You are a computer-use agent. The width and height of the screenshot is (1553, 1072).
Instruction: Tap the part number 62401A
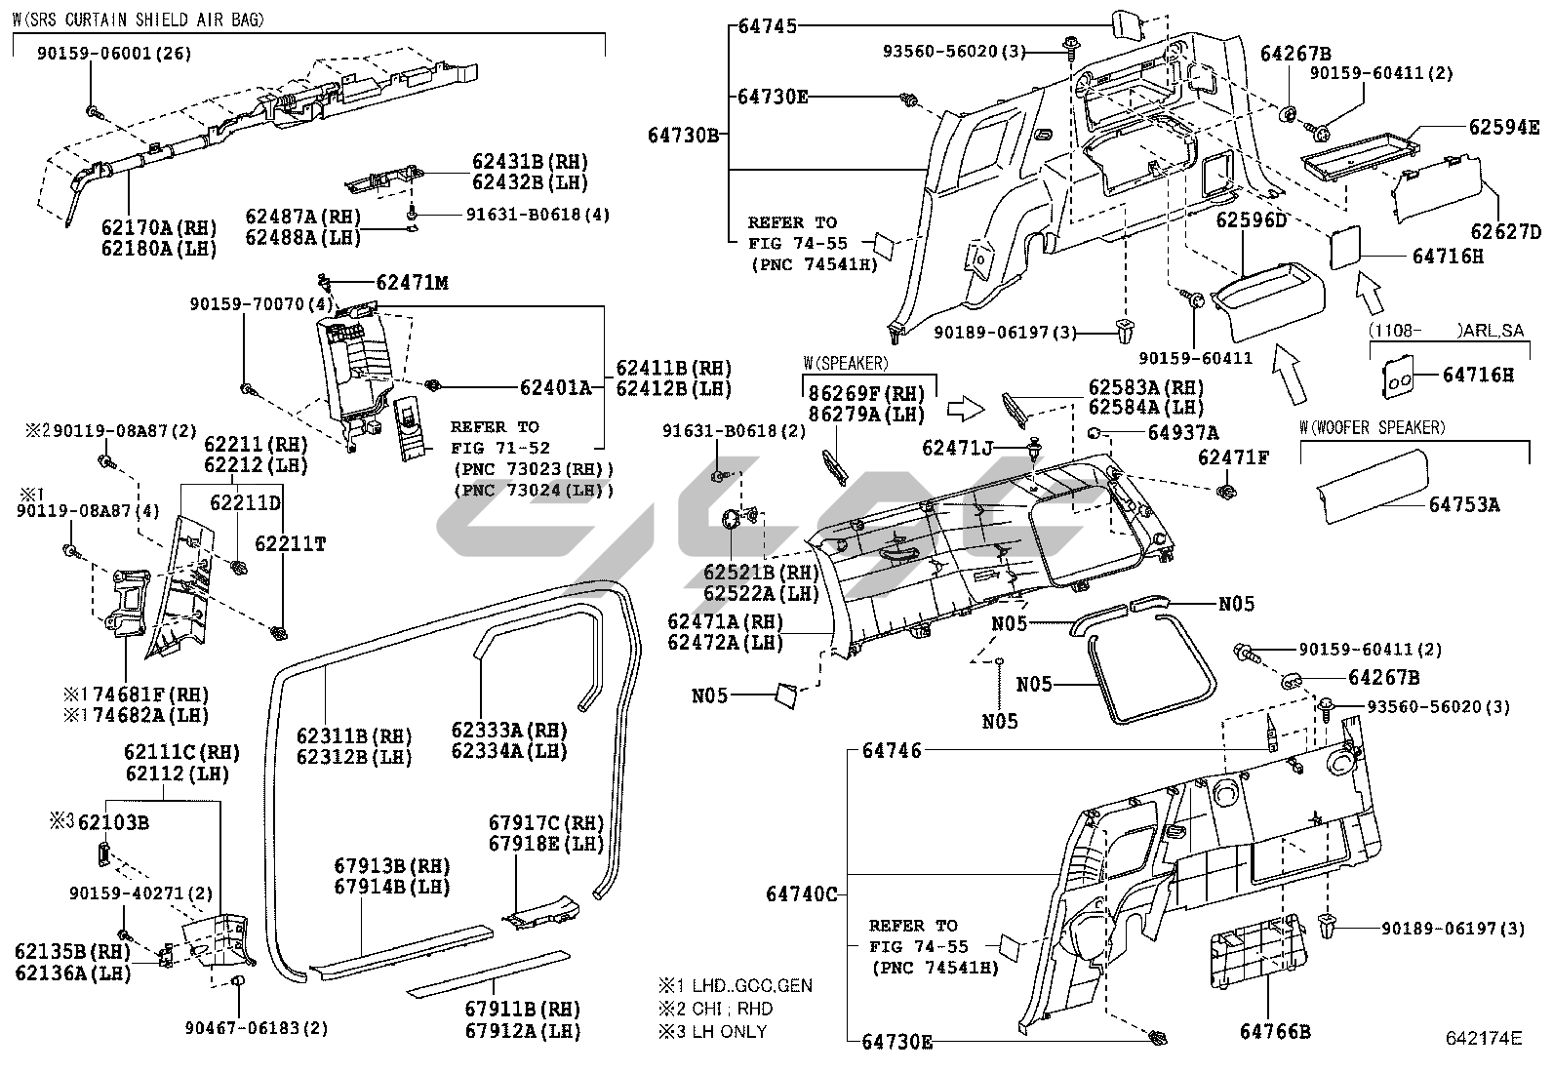(555, 387)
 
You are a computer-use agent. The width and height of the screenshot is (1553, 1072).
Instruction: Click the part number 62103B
(113, 822)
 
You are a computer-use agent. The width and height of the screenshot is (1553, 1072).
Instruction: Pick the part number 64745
(767, 26)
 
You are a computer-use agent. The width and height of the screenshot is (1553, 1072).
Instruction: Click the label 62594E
(1504, 127)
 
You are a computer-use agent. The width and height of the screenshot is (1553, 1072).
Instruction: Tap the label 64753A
(1464, 504)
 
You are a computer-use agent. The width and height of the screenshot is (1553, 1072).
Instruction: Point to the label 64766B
(1275, 1030)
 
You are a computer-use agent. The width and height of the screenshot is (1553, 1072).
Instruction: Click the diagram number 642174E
(1483, 1038)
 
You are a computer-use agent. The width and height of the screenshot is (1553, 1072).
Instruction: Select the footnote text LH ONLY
(726, 1031)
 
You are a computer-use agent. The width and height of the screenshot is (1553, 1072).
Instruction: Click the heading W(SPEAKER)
(846, 364)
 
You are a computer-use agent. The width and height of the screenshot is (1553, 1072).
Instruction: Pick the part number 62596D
(1251, 220)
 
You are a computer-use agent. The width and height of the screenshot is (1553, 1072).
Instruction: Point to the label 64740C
(801, 893)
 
